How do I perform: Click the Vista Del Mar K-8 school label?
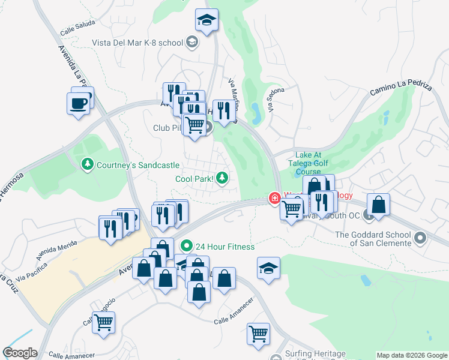coord(137,43)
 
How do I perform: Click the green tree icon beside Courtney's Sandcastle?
coord(88,164)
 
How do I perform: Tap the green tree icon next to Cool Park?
coord(222,178)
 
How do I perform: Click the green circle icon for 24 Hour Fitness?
coord(186,246)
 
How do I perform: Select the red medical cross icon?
coord(275,198)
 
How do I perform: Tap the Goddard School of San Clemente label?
coord(373,239)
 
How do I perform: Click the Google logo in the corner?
coord(20,353)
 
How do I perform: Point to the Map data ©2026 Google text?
coord(412,355)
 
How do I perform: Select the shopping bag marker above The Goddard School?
coord(379,206)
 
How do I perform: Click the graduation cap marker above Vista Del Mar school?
coord(206,22)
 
